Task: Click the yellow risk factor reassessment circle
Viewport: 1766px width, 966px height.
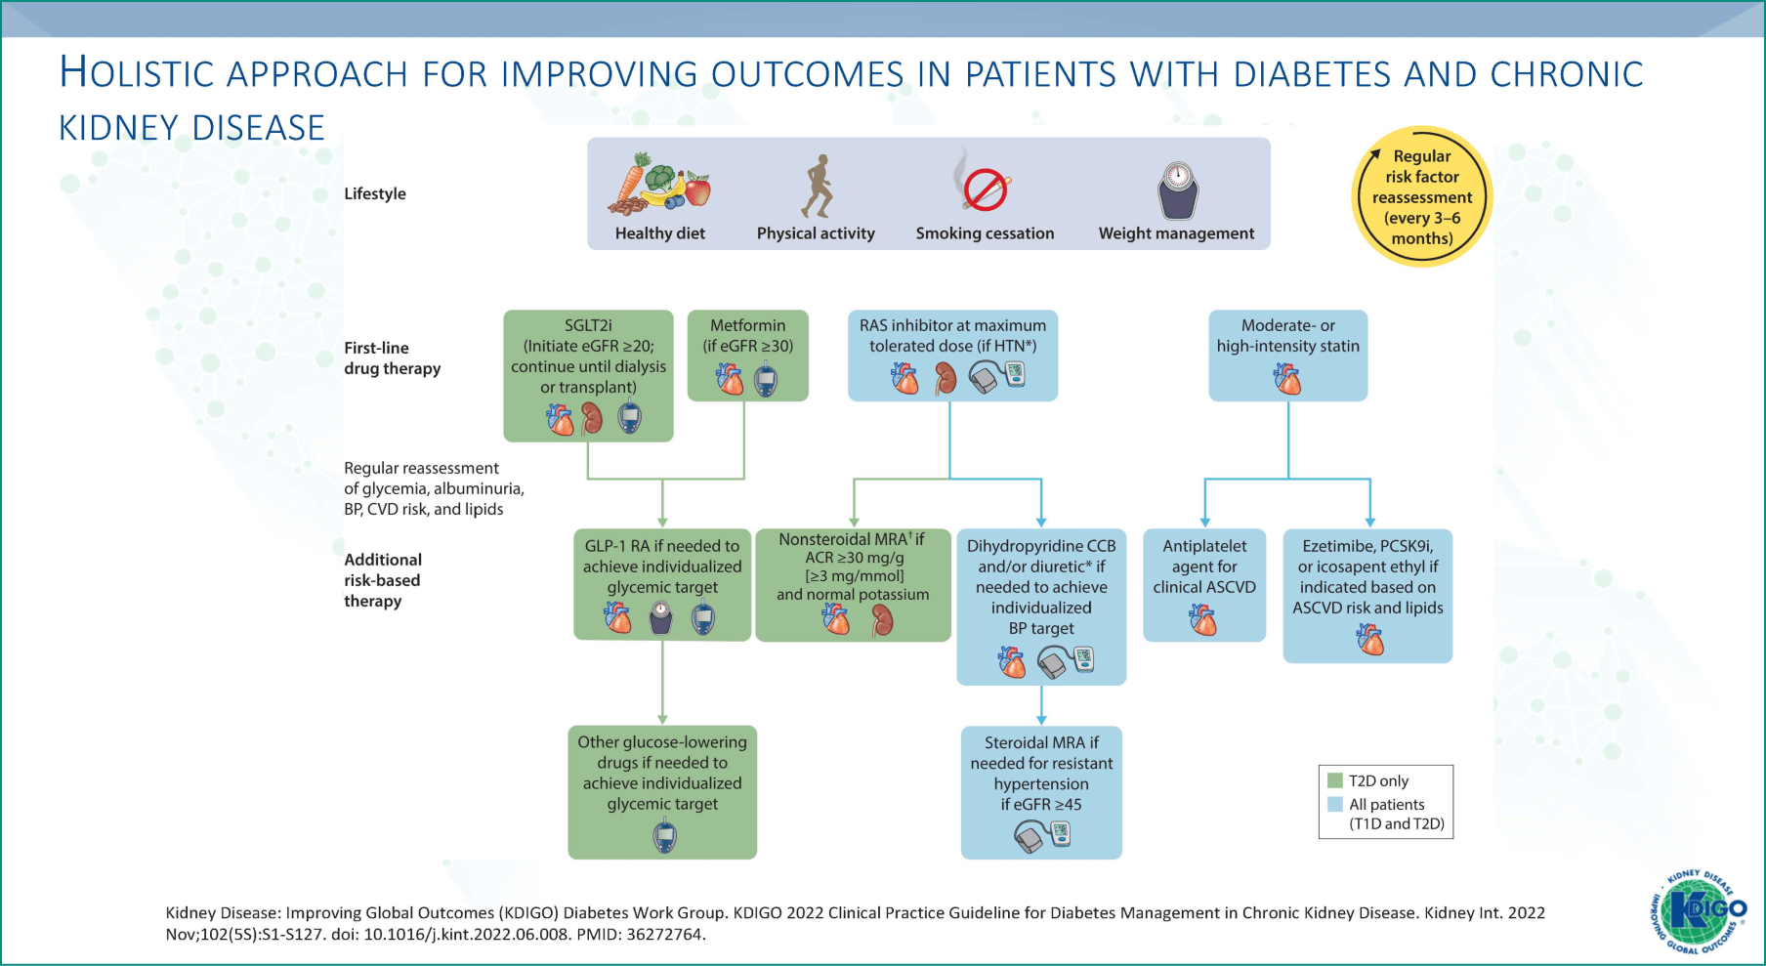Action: tap(1421, 196)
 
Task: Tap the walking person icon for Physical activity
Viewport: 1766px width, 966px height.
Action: tap(817, 186)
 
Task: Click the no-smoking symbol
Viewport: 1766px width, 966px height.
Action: tap(985, 188)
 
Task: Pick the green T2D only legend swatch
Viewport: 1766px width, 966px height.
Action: tap(1335, 780)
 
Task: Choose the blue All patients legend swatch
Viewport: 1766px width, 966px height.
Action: tap(1335, 804)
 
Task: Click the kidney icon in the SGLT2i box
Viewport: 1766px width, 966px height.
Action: tap(592, 418)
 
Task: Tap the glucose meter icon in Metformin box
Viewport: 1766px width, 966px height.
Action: tap(766, 379)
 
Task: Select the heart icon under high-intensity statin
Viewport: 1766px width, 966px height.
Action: tap(1287, 378)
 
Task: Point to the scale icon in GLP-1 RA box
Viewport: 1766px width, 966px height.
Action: tap(661, 617)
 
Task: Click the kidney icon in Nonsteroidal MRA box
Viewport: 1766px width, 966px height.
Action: tap(882, 619)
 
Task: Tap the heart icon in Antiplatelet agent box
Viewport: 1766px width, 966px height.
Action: tap(1203, 619)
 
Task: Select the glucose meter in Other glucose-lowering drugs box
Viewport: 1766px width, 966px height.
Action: tap(664, 836)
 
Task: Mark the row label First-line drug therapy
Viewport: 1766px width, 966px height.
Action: tap(392, 358)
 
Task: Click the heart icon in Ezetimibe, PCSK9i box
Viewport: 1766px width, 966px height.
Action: tap(1369, 640)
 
